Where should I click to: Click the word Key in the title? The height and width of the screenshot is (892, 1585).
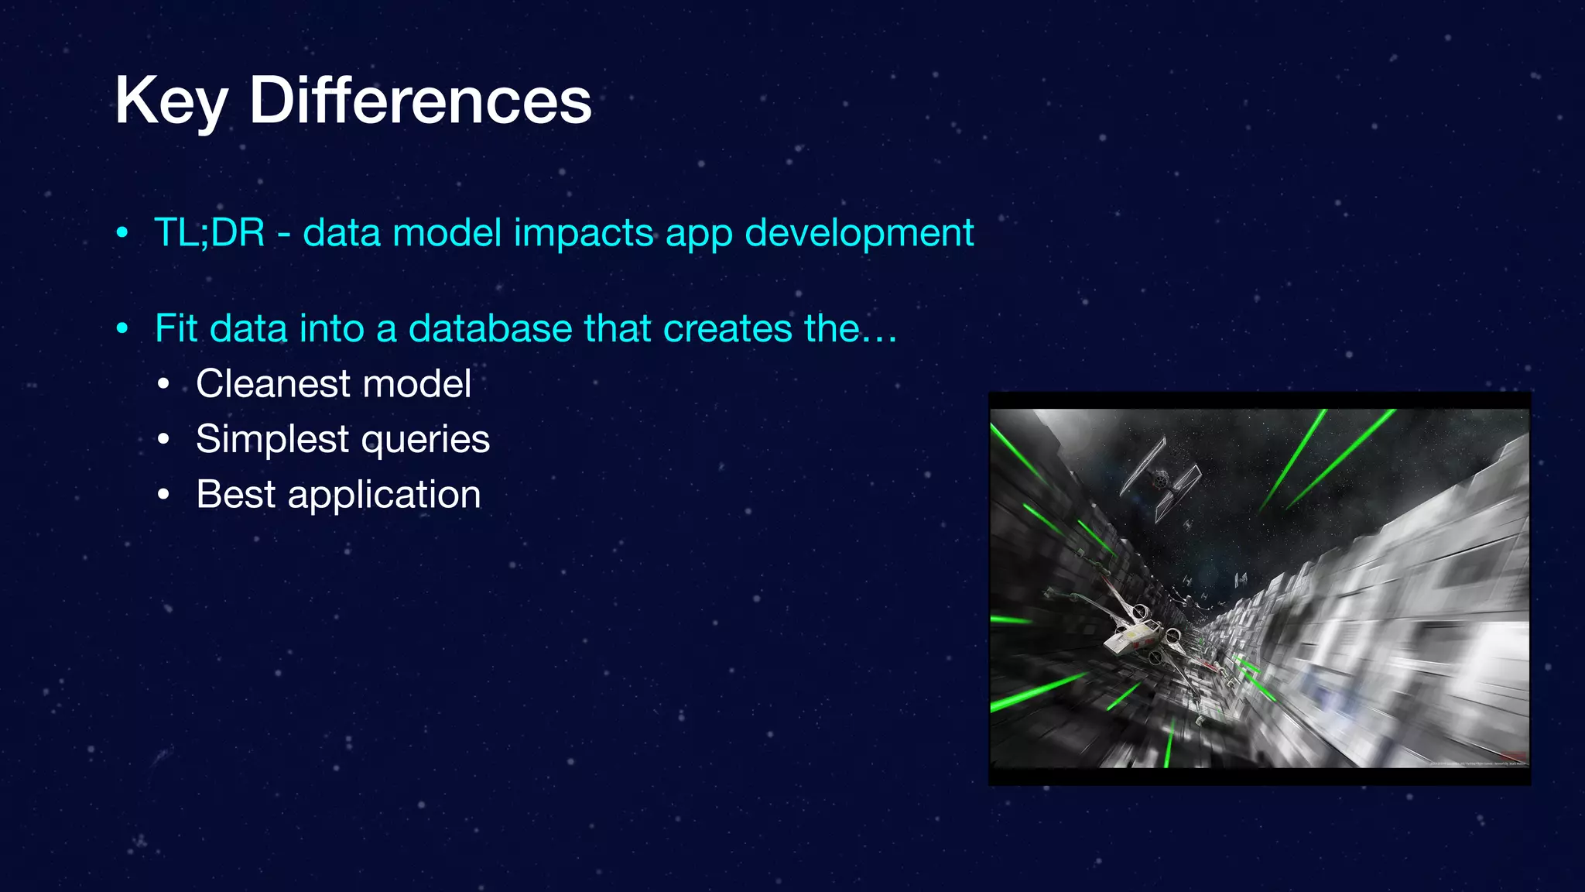pos(171,102)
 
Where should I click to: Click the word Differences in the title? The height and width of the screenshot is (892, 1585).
pos(420,101)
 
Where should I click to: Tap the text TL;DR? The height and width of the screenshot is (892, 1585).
pos(210,232)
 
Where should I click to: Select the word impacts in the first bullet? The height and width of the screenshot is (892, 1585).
pos(584,233)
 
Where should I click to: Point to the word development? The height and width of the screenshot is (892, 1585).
pos(859,233)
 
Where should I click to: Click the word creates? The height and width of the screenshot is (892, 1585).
pos(727,328)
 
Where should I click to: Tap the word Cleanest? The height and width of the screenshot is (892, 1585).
pos(273,383)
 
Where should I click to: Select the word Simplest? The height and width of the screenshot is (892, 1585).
pos(272,439)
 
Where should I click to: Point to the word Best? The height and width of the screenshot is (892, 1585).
pos(235,494)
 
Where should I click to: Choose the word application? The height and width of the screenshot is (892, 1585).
pos(384,495)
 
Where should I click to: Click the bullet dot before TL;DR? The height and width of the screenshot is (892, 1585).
pos(122,232)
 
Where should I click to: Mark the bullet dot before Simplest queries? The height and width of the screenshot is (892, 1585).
pos(163,439)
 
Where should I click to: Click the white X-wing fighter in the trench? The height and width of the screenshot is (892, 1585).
pos(1134,631)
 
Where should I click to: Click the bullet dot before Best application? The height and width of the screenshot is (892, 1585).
pos(163,495)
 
